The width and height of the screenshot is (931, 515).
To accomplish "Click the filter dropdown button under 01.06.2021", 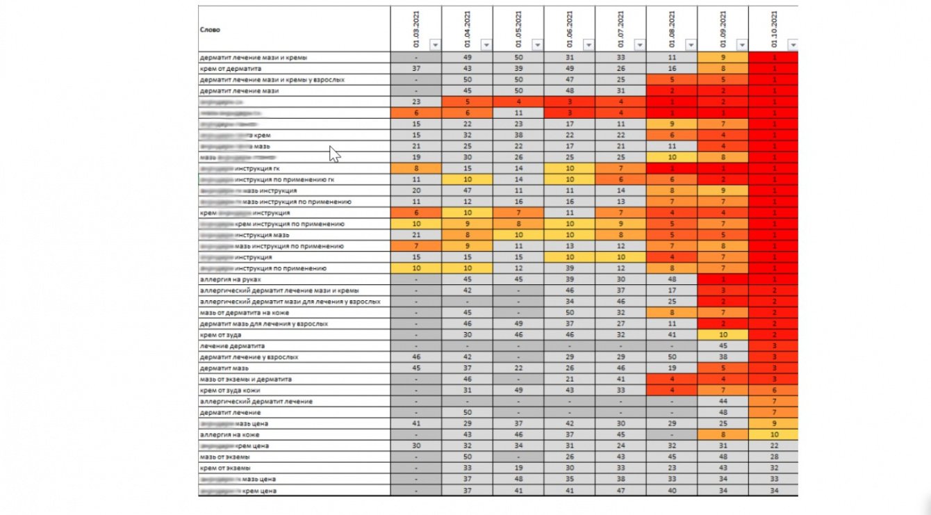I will (x=588, y=45).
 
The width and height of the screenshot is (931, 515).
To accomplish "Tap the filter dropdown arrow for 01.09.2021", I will (x=742, y=45).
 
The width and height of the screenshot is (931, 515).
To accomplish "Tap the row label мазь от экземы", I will (x=224, y=457).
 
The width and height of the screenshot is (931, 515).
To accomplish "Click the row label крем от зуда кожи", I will (x=229, y=390).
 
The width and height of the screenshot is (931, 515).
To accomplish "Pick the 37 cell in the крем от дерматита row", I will (x=415, y=68).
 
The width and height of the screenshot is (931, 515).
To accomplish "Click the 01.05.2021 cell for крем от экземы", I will (x=518, y=468).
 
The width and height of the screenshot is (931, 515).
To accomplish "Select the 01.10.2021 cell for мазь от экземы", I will (x=773, y=457).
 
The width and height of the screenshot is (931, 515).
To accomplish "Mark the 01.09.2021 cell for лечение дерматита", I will (x=723, y=345).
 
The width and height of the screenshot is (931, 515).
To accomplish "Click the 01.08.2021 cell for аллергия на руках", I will (x=672, y=279).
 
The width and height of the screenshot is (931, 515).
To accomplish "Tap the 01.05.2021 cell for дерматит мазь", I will (x=518, y=368).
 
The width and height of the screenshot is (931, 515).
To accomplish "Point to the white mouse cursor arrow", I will (x=335, y=154).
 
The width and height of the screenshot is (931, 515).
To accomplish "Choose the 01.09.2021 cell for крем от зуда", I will (x=723, y=334).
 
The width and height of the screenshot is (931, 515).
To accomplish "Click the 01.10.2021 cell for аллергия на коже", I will (x=773, y=434).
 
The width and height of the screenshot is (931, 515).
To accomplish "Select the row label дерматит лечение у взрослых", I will (x=249, y=357).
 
